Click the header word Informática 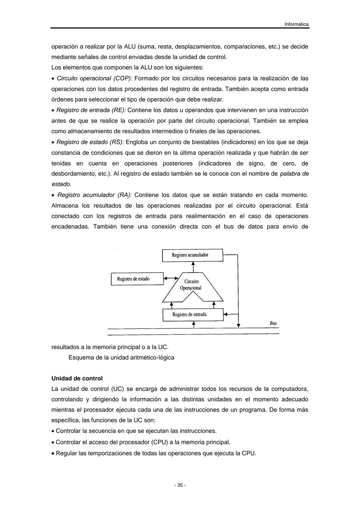[x=296, y=24]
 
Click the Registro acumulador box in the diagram [x=192, y=255]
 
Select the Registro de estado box [x=137, y=279]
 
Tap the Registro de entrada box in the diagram [x=193, y=314]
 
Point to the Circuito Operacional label [x=191, y=285]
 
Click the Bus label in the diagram [x=273, y=323]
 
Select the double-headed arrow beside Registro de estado [x=171, y=278]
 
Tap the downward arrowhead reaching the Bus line [x=238, y=325]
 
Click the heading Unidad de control [x=77, y=378]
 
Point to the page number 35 [x=180, y=485]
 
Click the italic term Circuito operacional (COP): [x=94, y=78]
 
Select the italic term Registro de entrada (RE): [x=91, y=110]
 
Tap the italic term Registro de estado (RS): [x=90, y=142]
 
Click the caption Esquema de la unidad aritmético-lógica [x=121, y=358]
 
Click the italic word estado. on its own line [x=61, y=184]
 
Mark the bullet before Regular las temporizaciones [x=53, y=454]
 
